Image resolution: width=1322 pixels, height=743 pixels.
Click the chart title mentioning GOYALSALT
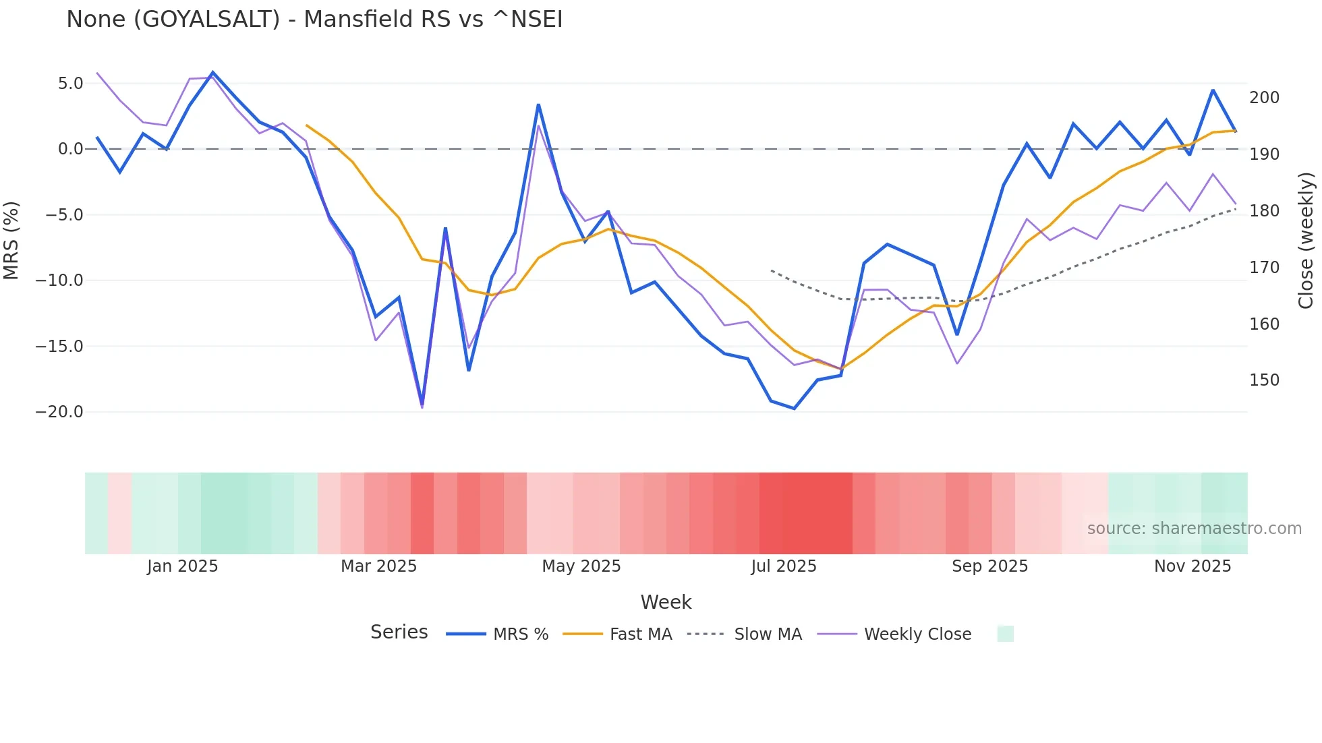(314, 20)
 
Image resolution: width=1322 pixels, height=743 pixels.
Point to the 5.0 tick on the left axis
(70, 84)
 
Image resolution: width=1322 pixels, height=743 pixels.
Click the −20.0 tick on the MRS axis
(59, 412)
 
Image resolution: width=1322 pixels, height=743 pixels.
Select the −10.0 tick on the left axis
(59, 280)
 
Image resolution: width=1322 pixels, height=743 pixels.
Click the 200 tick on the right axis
(1264, 98)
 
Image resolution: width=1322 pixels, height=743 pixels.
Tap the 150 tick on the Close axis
(1264, 380)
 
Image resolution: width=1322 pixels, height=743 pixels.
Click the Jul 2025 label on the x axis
(784, 566)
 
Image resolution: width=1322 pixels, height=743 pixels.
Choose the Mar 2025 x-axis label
(378, 566)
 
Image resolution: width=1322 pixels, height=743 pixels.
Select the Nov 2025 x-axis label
(1192, 566)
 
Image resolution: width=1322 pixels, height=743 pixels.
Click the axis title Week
(666, 602)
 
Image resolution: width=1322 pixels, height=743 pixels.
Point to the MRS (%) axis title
(11, 241)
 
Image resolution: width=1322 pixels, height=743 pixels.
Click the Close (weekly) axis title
(1306, 241)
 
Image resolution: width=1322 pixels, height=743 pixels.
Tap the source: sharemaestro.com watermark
(1194, 529)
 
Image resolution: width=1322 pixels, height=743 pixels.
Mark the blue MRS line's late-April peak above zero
(538, 105)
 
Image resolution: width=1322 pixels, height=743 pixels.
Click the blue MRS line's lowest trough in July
(795, 408)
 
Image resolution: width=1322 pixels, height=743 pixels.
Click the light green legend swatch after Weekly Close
(1005, 634)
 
